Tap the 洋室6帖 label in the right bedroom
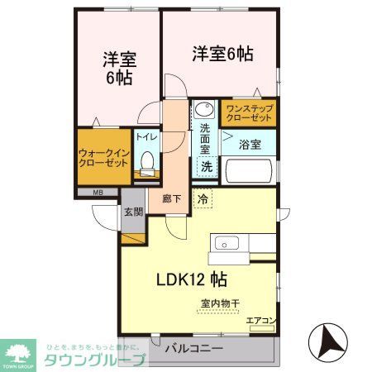(x=222, y=54)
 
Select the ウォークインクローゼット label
(x=103, y=157)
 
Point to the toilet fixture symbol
(x=147, y=164)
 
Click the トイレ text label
(x=146, y=138)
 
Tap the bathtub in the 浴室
(x=249, y=172)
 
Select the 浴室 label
(x=250, y=144)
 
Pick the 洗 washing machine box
(x=206, y=165)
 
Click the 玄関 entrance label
(x=133, y=211)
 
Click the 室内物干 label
(x=220, y=303)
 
